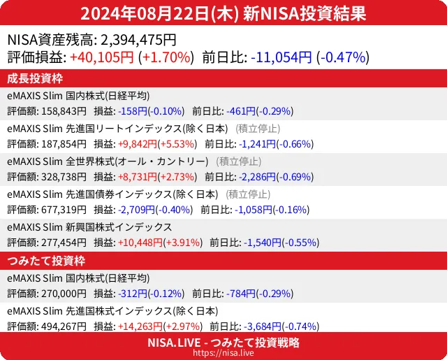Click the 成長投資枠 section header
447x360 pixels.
(x=36, y=78)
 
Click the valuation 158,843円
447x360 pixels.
(x=62, y=110)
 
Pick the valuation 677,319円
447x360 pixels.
(x=62, y=209)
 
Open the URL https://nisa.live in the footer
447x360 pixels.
(x=223, y=354)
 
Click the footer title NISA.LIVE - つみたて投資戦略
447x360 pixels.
(x=223, y=343)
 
